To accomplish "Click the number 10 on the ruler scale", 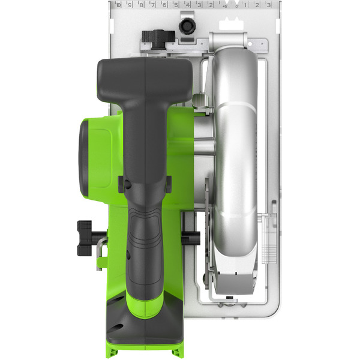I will (x=118, y=5).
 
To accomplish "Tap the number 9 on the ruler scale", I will (x=130, y=5).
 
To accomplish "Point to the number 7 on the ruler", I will (x=153, y=5).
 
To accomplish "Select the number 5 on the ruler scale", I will (x=176, y=5).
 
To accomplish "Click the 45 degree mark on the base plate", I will (x=224, y=5).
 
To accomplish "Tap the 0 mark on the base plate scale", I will (x=236, y=5).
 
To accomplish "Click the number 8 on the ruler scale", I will (x=141, y=5).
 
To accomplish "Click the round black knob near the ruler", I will (x=187, y=26).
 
